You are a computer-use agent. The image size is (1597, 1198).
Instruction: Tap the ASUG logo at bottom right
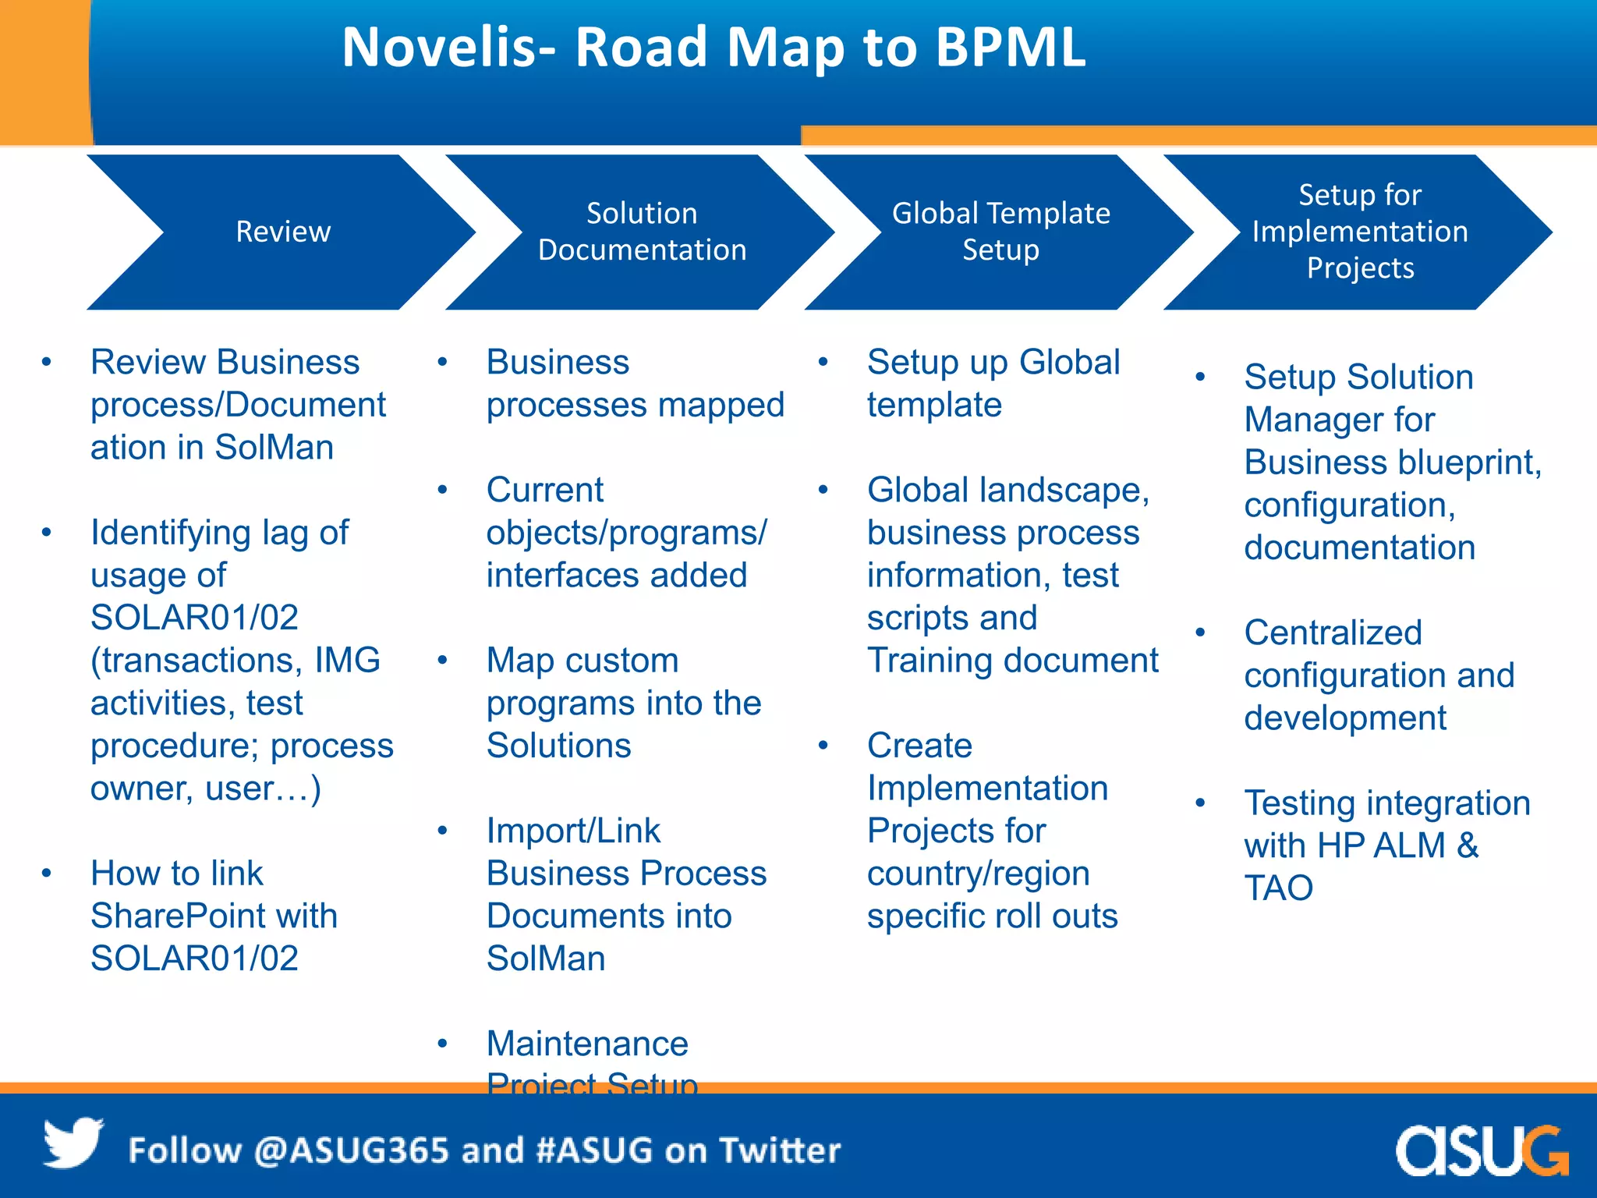(x=1481, y=1150)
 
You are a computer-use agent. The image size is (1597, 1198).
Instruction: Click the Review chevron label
(x=283, y=232)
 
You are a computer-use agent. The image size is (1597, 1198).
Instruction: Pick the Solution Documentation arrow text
(x=642, y=232)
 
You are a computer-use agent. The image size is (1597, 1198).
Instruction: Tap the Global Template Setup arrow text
(x=1000, y=232)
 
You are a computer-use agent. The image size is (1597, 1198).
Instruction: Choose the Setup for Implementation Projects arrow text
(x=1360, y=232)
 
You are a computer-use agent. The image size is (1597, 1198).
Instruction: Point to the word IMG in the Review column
(x=347, y=661)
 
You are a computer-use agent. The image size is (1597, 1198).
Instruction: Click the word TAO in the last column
(x=1278, y=888)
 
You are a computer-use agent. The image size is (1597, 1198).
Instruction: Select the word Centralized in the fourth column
(x=1333, y=633)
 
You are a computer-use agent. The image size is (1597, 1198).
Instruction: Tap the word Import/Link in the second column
(x=573, y=831)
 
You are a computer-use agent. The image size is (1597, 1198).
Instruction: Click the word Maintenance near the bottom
(x=587, y=1044)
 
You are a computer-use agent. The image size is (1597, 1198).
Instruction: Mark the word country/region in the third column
(x=978, y=874)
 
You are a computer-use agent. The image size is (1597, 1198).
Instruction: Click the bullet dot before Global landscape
(x=823, y=491)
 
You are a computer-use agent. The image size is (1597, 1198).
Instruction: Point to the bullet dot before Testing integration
(x=1200, y=803)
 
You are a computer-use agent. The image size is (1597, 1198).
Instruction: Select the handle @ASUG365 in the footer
(x=351, y=1150)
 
